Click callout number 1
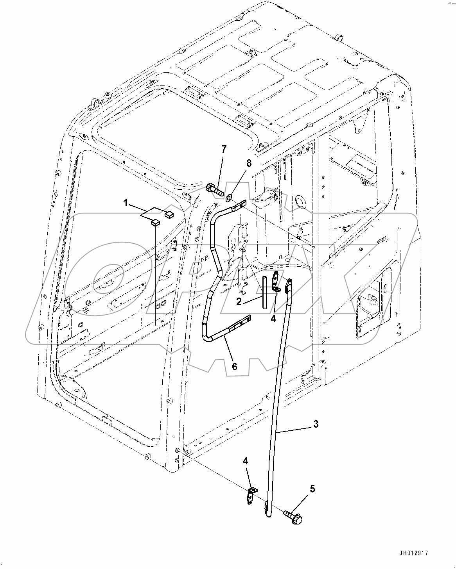click(126, 203)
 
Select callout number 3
click(316, 424)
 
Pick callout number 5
click(312, 489)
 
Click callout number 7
click(224, 149)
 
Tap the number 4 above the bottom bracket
click(245, 461)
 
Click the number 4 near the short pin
click(273, 319)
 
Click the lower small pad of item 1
click(155, 223)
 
